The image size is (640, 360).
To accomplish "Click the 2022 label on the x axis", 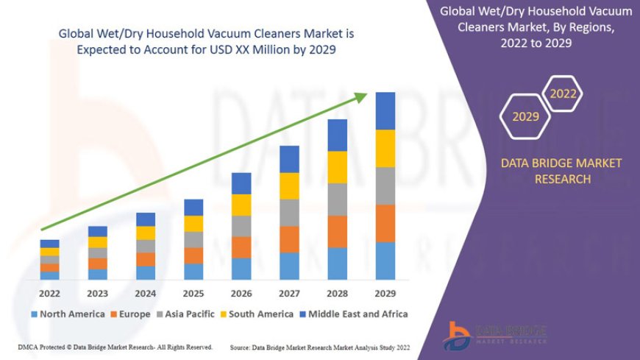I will pyautogui.click(x=50, y=292).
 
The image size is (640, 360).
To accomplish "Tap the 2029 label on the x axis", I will pyautogui.click(x=385, y=292).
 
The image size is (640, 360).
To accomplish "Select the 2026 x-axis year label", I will pyautogui.click(x=241, y=292).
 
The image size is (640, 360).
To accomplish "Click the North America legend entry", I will pyautogui.click(x=68, y=314).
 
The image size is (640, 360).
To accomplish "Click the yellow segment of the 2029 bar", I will pyautogui.click(x=385, y=149).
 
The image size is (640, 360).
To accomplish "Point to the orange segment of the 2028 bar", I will pyautogui.click(x=338, y=231).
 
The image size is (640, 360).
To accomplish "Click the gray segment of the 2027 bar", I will pyautogui.click(x=289, y=213).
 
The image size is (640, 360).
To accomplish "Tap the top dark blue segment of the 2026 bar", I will pyautogui.click(x=241, y=183).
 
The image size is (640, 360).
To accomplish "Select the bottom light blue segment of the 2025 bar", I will pyautogui.click(x=193, y=272).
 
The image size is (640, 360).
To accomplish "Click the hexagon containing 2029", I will pyautogui.click(x=525, y=116).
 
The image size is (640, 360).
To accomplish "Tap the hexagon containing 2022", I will pyautogui.click(x=563, y=94).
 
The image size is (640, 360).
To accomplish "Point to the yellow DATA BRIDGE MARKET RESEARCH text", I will pyautogui.click(x=561, y=171).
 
